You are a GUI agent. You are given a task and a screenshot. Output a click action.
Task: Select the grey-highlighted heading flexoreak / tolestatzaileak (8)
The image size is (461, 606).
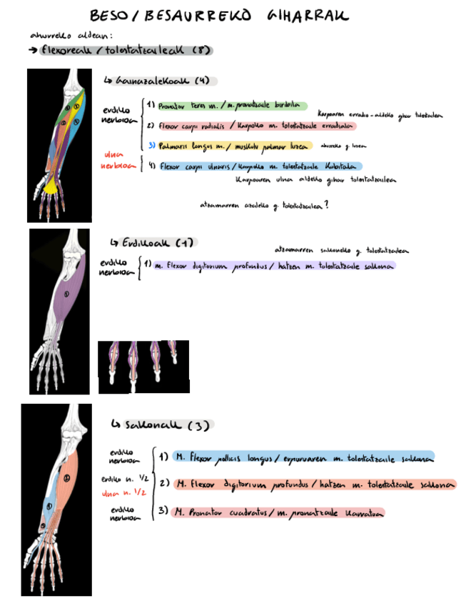[x=125, y=51]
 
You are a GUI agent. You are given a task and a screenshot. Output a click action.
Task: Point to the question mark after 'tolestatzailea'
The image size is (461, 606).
[x=326, y=205]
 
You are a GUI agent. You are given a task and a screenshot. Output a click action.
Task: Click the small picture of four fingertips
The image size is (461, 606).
[x=143, y=367]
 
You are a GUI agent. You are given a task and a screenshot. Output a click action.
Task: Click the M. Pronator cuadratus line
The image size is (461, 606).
[x=278, y=512]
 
